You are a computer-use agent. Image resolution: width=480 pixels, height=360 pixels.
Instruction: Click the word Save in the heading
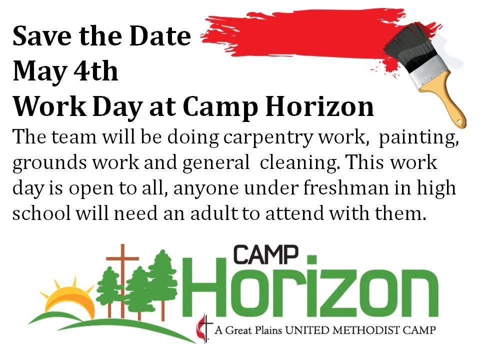coord(39,36)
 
